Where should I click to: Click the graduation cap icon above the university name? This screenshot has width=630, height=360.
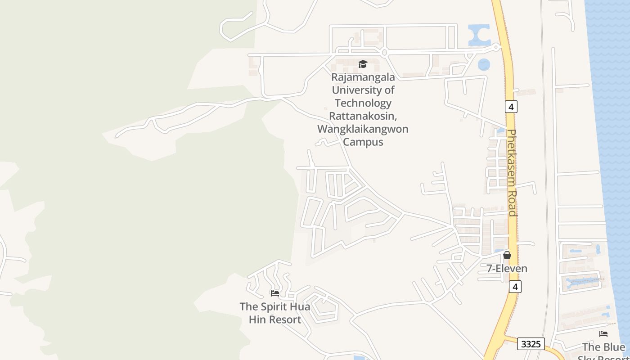(363, 64)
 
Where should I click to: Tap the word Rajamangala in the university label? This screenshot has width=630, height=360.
(363, 77)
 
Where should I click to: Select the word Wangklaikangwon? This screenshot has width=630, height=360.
(363, 129)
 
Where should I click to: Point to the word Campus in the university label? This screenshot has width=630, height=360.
(363, 142)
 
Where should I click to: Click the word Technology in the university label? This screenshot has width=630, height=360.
(363, 103)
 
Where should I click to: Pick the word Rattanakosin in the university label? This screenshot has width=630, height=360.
(362, 116)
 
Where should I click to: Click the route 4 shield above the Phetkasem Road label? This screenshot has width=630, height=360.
(511, 107)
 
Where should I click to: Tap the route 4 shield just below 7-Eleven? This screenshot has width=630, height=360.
(515, 287)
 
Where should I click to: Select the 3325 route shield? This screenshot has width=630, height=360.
(531, 344)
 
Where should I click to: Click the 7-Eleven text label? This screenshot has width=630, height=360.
(507, 269)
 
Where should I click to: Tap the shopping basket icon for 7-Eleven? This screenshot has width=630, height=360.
(507, 255)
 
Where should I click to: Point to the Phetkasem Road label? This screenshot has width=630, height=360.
(512, 173)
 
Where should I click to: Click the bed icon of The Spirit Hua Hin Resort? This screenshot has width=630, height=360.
(275, 293)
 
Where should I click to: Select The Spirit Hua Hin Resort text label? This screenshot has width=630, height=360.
(274, 313)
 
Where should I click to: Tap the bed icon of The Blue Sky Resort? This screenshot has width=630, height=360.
(603, 334)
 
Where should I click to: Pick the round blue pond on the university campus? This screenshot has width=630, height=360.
(484, 65)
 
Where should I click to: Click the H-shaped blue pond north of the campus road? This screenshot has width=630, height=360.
(479, 35)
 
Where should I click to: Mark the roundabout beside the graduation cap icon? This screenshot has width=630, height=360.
(384, 53)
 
